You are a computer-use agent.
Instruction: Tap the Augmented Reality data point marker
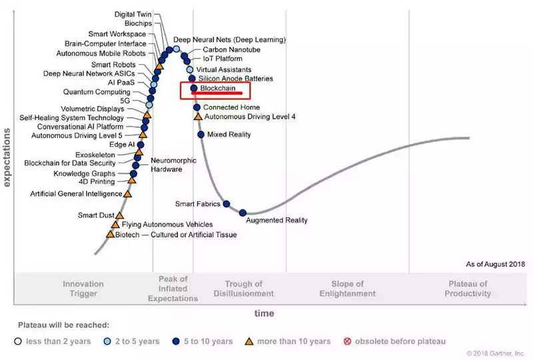(243, 213)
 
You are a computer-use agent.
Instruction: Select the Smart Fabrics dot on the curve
(227, 203)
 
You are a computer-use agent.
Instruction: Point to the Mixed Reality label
(229, 135)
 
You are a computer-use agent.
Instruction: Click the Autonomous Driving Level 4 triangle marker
(197, 117)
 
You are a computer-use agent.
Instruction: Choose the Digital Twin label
(133, 14)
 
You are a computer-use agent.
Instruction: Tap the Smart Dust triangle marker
(120, 215)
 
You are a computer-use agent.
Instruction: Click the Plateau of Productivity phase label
(469, 289)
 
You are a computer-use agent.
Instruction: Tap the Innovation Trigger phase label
(83, 289)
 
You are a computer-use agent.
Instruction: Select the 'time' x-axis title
(264, 313)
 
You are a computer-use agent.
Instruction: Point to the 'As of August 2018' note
(496, 265)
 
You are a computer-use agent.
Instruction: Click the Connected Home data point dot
(197, 107)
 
